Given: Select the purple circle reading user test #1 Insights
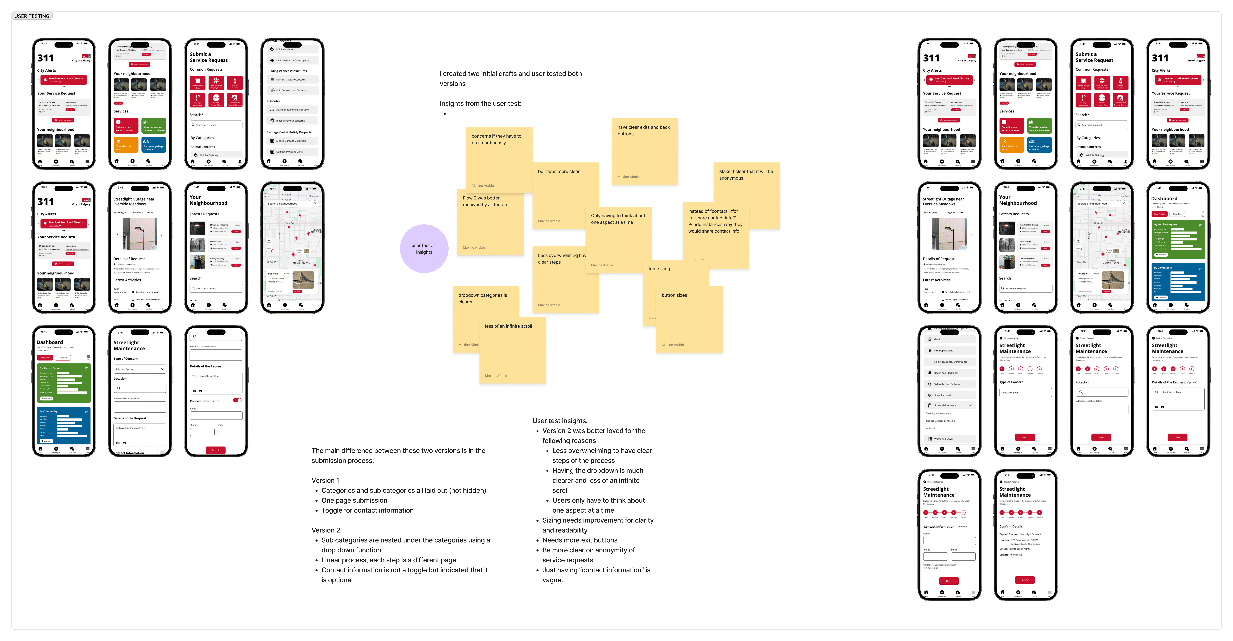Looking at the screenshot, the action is pyautogui.click(x=424, y=248).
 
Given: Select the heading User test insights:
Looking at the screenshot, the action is pyautogui.click(x=560, y=421).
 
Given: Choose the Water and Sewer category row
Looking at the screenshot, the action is pyautogui.click(x=949, y=438).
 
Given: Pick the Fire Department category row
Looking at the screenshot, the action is pyautogui.click(x=949, y=350).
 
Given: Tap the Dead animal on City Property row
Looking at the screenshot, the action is pyautogui.click(x=292, y=60).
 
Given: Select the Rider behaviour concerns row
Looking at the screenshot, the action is pyautogui.click(x=292, y=121).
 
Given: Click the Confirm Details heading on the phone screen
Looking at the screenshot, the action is pyautogui.click(x=1011, y=526).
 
